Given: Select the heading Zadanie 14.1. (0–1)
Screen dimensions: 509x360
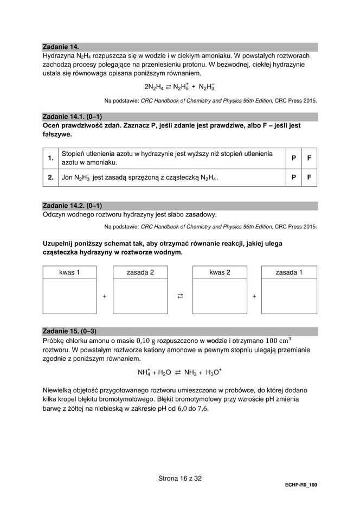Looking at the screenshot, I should coord(72,117).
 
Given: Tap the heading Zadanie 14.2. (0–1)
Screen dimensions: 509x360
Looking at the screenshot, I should coord(72,205).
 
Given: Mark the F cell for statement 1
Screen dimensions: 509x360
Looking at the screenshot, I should coord(309,158).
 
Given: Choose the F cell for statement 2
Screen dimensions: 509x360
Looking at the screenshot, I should coord(309,177).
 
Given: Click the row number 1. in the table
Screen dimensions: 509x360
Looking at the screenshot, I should coord(50,158).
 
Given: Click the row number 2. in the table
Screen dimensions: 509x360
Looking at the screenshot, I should coord(50,177).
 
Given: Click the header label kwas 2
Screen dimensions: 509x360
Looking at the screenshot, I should coord(220,272).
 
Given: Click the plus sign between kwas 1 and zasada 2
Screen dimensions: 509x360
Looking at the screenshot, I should coord(105,296).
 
